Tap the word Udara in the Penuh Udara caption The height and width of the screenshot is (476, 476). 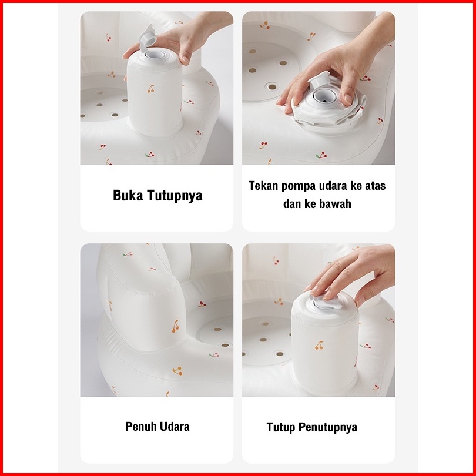pos(175,427)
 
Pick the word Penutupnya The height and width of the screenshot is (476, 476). pos(328,427)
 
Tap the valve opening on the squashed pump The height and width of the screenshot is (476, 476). pos(324,96)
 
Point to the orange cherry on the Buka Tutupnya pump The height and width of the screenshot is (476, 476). pos(150,89)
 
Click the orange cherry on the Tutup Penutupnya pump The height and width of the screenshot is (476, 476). pos(319,346)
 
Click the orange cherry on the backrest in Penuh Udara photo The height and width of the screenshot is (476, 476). pos(176,326)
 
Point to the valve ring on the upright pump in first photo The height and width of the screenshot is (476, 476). pos(155,55)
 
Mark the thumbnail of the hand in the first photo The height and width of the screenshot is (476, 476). pos(185,59)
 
